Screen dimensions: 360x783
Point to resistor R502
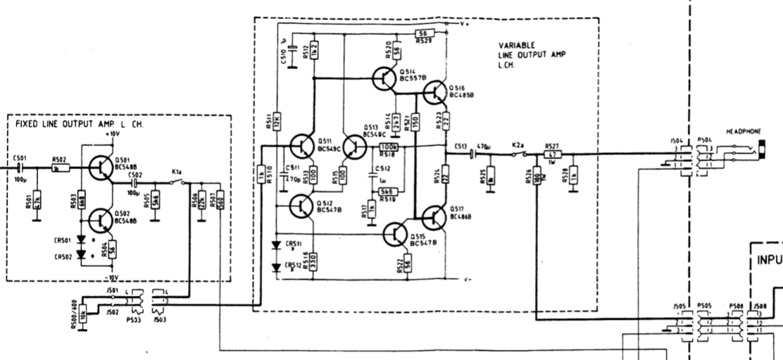[x=61, y=168]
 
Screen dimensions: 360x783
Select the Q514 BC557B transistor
[x=384, y=78]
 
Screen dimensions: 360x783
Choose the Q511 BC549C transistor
[x=304, y=147]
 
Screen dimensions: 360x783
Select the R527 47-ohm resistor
[x=553, y=154]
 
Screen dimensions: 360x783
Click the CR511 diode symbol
[x=275, y=246]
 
